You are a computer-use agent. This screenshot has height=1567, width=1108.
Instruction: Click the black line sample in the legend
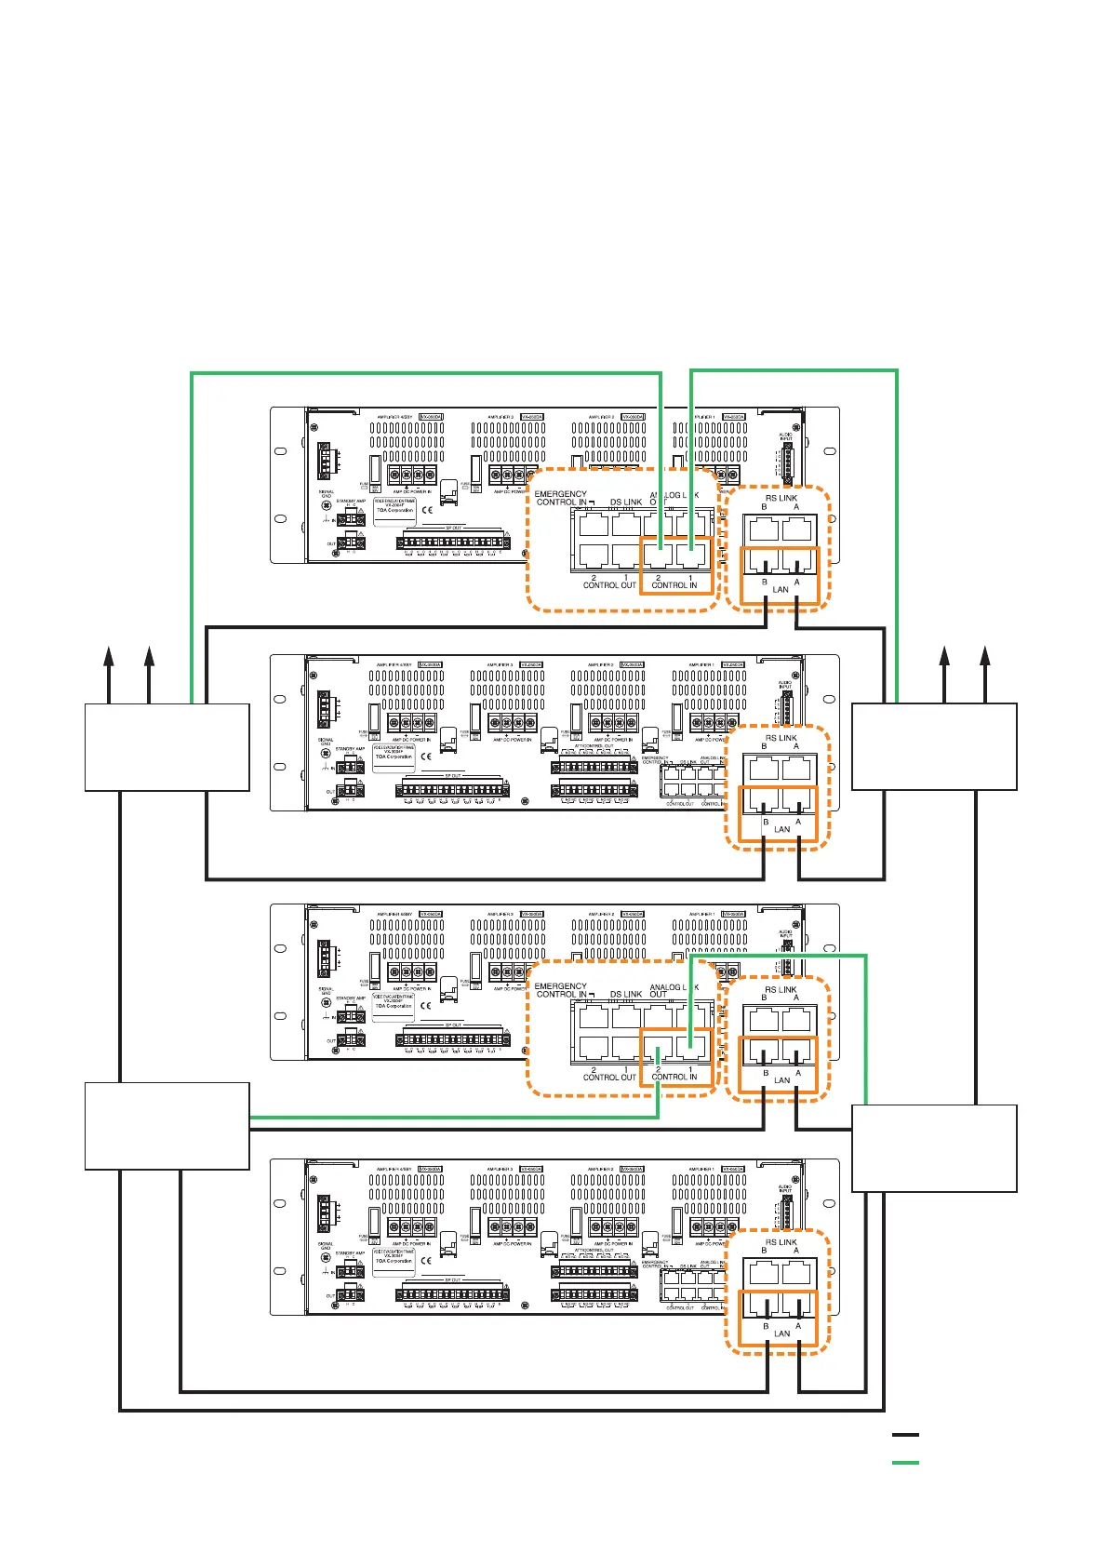click(x=904, y=1435)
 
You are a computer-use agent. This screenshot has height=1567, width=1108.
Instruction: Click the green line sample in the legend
click(x=904, y=1463)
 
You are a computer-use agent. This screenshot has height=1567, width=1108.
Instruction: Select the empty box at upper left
click(x=167, y=747)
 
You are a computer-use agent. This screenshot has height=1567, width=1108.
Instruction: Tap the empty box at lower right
click(x=934, y=1148)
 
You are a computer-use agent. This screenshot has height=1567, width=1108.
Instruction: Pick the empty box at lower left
click(x=167, y=1126)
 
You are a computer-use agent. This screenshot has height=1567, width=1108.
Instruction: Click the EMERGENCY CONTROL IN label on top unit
click(x=561, y=499)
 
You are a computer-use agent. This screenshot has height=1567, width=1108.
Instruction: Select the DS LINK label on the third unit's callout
click(x=626, y=994)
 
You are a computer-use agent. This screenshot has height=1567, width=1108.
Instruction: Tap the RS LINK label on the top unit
click(x=781, y=498)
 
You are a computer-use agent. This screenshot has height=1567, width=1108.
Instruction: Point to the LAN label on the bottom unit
click(x=781, y=1333)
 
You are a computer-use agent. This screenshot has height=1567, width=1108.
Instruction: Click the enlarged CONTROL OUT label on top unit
click(x=609, y=585)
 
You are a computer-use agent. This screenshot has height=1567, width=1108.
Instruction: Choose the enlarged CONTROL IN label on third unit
click(x=674, y=1077)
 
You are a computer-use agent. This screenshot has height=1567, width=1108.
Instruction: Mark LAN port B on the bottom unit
click(x=765, y=1306)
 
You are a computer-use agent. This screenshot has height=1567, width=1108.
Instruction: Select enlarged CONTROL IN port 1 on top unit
click(x=691, y=556)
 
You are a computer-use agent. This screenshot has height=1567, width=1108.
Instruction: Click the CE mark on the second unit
click(x=426, y=757)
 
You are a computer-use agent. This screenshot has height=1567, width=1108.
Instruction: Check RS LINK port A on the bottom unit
click(x=797, y=1271)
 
